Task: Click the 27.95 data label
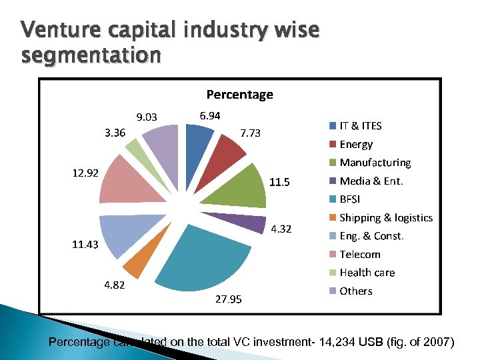click(228, 299)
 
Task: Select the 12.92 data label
click(85, 173)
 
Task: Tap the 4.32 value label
click(281, 229)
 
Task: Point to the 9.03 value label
click(146, 118)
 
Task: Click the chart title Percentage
click(239, 95)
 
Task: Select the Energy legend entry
click(356, 144)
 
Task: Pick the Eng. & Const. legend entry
click(371, 236)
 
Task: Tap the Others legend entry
click(356, 291)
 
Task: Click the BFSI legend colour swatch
click(332, 199)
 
